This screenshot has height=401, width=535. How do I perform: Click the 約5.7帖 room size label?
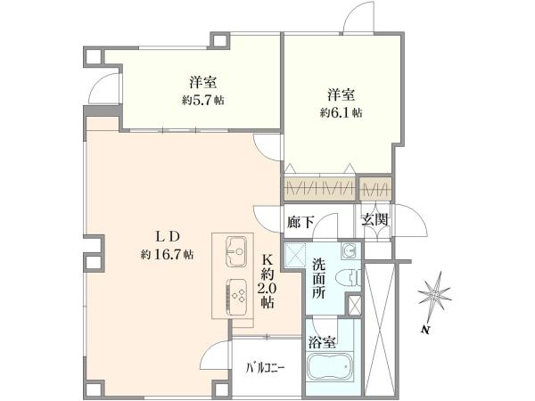tap(202, 100)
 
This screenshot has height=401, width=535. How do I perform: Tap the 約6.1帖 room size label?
tap(341, 112)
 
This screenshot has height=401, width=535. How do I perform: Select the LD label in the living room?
tap(168, 236)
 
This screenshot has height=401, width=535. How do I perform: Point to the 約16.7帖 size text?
tap(168, 254)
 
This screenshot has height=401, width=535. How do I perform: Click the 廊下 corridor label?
tap(300, 222)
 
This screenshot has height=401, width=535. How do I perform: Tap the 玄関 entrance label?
tap(375, 220)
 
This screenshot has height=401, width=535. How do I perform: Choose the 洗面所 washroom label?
tap(318, 279)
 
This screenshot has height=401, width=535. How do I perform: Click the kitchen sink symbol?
tap(236, 251)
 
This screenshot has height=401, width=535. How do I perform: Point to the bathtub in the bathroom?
tap(330, 367)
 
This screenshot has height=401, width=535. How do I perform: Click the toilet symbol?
tap(348, 277)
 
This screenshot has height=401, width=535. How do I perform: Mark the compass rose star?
tap(434, 293)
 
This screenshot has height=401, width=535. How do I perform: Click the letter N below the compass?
tap(424, 330)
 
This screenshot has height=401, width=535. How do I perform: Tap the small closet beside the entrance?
tap(375, 188)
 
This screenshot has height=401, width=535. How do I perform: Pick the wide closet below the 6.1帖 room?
tap(319, 188)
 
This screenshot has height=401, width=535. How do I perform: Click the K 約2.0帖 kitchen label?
tap(267, 282)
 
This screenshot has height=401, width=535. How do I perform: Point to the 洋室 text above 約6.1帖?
tap(342, 94)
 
